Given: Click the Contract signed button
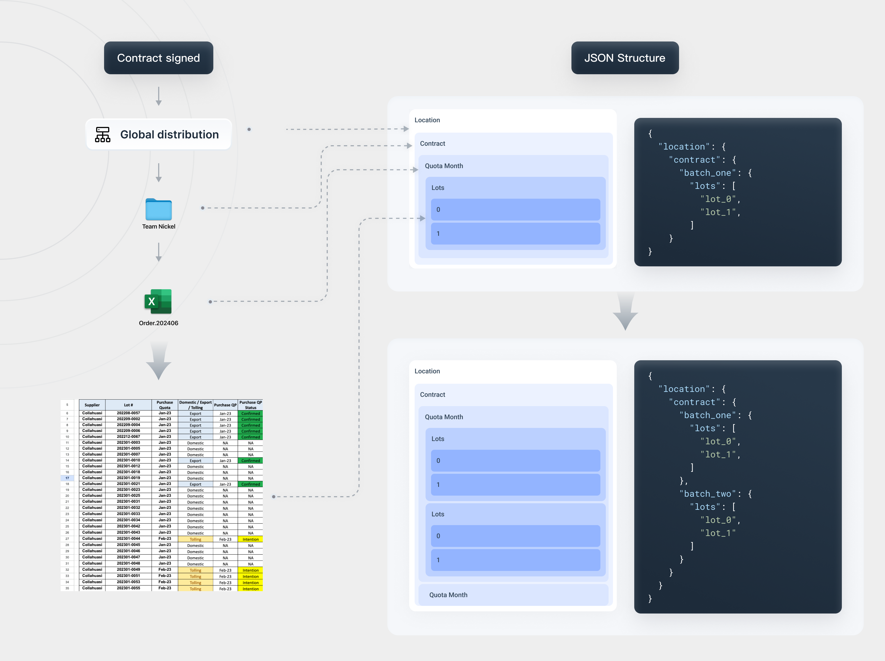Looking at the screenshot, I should click(x=158, y=58).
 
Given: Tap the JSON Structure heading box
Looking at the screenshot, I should click(x=624, y=58).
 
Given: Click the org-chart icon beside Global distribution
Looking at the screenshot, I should click(x=102, y=135).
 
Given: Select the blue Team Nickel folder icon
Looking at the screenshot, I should click(x=158, y=209).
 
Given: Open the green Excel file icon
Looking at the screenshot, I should click(x=158, y=301).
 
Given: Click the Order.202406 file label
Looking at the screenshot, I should click(x=158, y=323).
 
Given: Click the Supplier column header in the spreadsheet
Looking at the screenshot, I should click(x=92, y=405).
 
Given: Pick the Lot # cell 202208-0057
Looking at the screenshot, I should click(x=128, y=413).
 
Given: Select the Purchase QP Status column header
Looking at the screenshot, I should click(x=250, y=405).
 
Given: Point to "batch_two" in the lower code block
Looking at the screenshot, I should click(x=707, y=494).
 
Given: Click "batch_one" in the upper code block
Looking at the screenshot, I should click(x=707, y=173).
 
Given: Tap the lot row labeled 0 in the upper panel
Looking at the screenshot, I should click(x=515, y=209).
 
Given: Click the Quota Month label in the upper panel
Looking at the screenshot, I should click(x=444, y=166).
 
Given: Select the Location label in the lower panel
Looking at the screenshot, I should click(x=427, y=371).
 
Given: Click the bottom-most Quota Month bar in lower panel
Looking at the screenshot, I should click(x=513, y=595).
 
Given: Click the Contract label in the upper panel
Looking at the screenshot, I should click(x=432, y=144).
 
